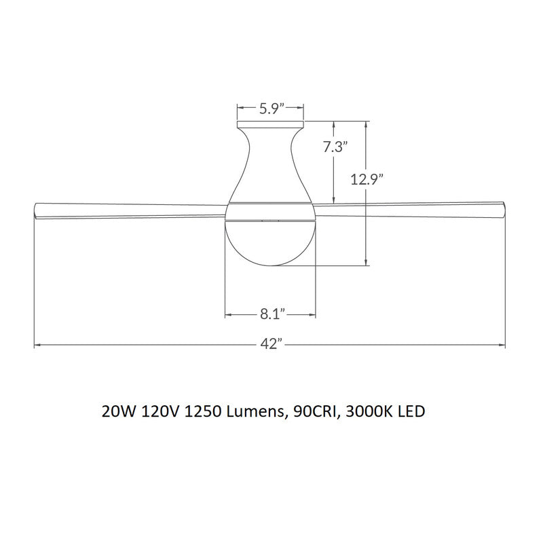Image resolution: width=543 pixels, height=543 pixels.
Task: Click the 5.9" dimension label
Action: [x=270, y=107]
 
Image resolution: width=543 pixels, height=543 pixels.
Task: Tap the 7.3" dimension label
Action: [x=335, y=147]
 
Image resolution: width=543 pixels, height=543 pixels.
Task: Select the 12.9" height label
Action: [x=367, y=179]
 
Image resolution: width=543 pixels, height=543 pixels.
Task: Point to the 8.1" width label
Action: [x=271, y=314]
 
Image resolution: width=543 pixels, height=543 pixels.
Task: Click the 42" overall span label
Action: [x=270, y=345]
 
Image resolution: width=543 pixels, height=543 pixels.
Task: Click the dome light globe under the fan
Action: [x=270, y=241]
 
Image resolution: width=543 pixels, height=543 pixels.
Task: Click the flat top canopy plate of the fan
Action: [x=270, y=126]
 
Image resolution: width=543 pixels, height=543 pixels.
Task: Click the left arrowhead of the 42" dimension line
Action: [x=37, y=345]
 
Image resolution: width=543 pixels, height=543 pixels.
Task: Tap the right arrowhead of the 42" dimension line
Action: [x=503, y=345]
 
